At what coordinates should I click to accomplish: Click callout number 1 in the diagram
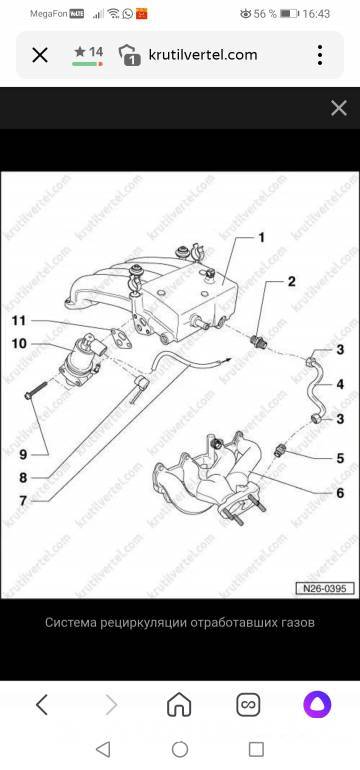(x=262, y=238)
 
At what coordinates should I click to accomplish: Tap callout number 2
(x=291, y=282)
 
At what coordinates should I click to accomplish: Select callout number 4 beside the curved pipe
(x=340, y=384)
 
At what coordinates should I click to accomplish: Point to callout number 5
(x=340, y=459)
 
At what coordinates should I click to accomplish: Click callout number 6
(x=340, y=493)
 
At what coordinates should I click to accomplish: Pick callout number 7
(x=23, y=501)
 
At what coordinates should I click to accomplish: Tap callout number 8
(x=23, y=477)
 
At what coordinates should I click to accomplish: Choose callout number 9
(x=23, y=455)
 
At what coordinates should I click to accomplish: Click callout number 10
(x=19, y=343)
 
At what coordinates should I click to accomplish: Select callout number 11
(x=19, y=321)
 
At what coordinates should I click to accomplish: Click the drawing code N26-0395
(x=325, y=588)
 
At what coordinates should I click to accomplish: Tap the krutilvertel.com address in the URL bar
(x=203, y=55)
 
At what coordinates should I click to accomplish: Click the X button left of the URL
(x=40, y=55)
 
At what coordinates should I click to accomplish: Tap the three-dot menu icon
(x=320, y=55)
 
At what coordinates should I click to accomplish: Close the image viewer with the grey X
(x=339, y=108)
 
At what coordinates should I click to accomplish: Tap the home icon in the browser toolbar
(x=179, y=705)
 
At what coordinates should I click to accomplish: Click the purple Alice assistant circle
(x=317, y=705)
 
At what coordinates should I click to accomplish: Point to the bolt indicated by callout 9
(x=35, y=389)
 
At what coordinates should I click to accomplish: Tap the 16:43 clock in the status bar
(x=316, y=14)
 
